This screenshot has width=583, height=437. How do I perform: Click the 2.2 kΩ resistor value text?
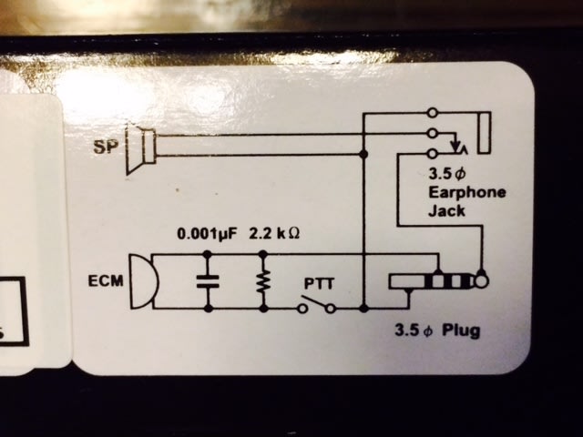click(274, 233)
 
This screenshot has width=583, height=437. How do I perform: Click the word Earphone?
click(466, 192)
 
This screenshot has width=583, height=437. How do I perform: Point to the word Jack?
click(445, 209)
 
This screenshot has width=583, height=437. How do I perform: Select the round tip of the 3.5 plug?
click(481, 282)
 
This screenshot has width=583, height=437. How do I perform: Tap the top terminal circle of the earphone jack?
click(432, 112)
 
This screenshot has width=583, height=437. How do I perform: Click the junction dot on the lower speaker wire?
click(363, 156)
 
